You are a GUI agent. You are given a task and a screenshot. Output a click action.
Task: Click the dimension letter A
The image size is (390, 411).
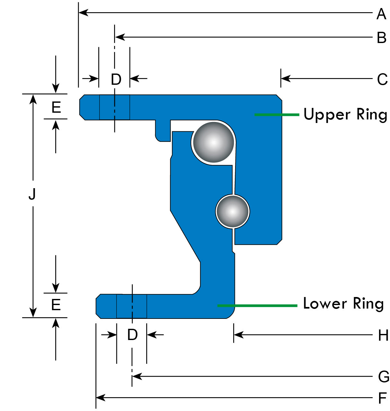tap(381, 14)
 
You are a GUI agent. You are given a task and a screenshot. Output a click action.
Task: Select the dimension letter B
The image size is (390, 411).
tap(382, 38)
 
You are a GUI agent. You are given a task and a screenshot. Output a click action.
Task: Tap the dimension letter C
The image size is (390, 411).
tap(382, 79)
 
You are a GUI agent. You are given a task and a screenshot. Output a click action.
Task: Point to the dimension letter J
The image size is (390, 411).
tap(32, 194)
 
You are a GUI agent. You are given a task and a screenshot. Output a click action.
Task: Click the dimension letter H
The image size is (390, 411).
tap(383, 336)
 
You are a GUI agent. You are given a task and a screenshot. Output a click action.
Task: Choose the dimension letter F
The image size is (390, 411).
tap(382, 398)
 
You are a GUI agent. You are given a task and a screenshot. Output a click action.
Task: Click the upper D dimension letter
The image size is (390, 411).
tap(116, 79)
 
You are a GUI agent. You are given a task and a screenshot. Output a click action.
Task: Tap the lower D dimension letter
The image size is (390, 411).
tap(132, 335)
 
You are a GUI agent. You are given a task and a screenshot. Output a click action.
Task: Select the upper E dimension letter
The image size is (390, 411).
tap(56, 107)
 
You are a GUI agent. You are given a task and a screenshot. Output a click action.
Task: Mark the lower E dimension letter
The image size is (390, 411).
tap(56, 304)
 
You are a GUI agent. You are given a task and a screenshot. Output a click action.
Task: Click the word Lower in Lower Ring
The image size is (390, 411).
tap(325, 304)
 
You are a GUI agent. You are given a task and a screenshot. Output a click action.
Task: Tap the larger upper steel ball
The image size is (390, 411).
tap(213, 142)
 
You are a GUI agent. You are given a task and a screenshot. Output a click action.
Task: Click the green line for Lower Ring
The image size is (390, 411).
tap(257, 305)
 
